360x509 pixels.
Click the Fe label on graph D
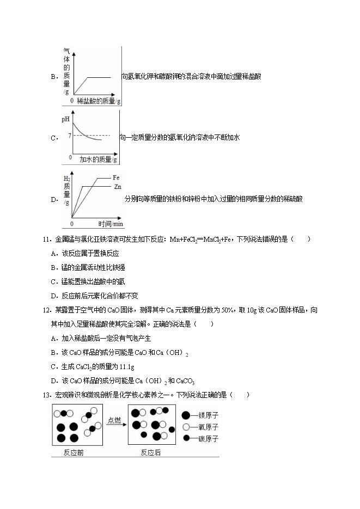[x=116, y=178]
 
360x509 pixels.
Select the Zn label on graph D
[x=117, y=187]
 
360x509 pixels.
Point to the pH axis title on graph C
[x=67, y=119]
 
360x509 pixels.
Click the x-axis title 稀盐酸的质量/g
[x=99, y=101]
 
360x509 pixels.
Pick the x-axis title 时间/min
[x=111, y=224]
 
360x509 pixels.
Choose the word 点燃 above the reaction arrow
[x=114, y=420]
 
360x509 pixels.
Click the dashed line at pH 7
[x=93, y=135]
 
